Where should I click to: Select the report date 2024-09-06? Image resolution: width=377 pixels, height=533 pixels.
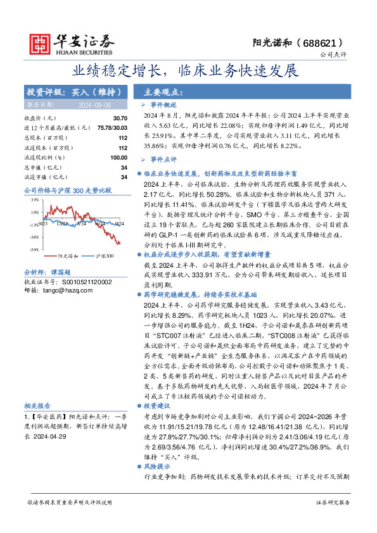95,105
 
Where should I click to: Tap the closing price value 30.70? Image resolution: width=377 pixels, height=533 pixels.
120,118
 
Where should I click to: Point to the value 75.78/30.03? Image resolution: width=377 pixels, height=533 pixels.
108,128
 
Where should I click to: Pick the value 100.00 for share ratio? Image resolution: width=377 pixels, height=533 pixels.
118,157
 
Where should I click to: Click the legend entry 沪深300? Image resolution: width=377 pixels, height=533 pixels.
104,256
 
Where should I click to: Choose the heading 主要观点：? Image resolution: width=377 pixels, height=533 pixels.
164,92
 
